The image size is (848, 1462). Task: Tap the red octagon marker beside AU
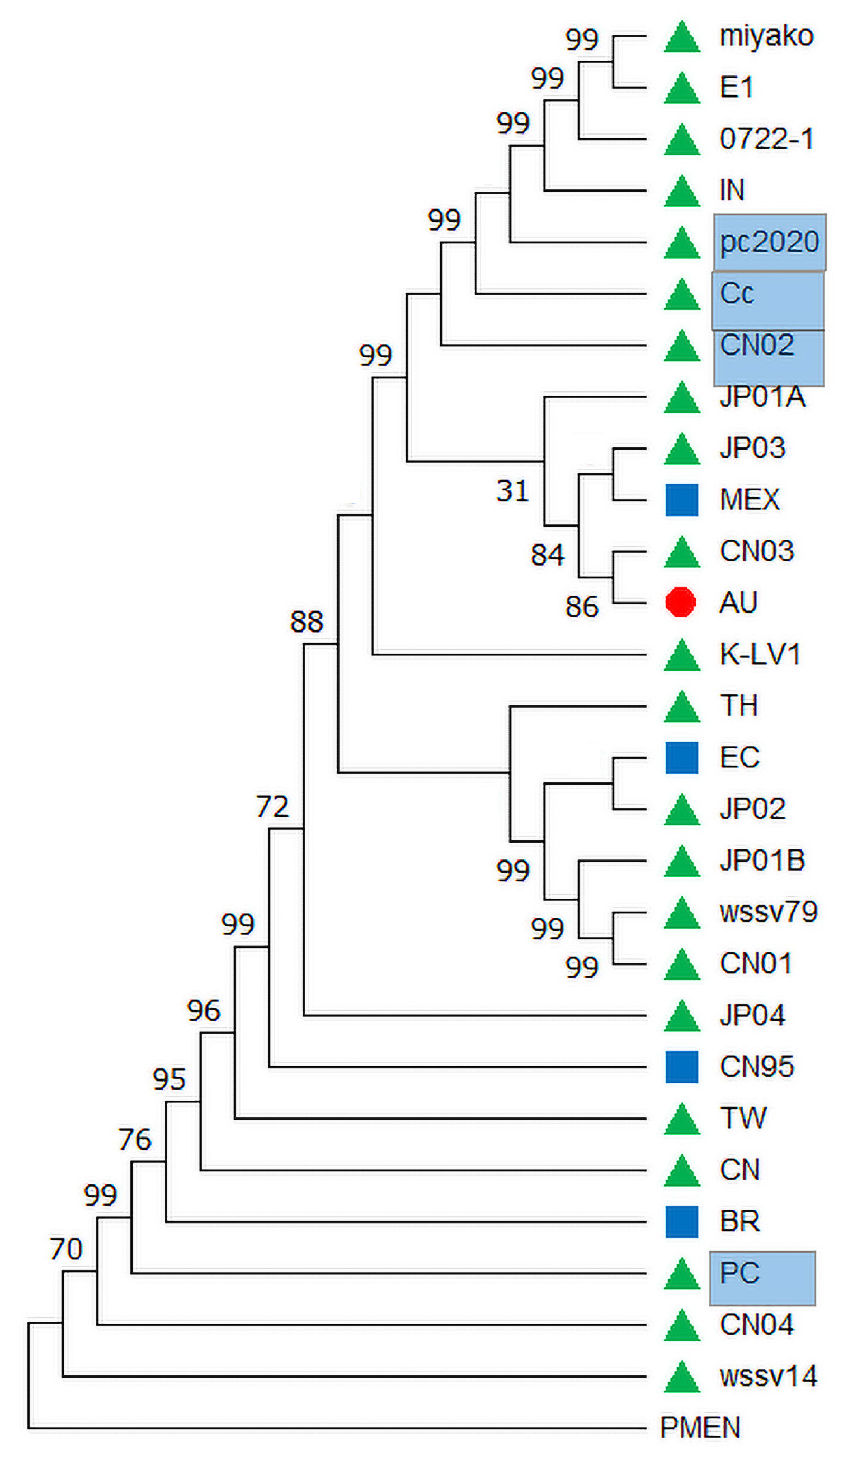pyautogui.click(x=680, y=601)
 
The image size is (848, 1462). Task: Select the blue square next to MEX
pyautogui.click(x=682, y=500)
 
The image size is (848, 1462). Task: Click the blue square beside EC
pyautogui.click(x=682, y=757)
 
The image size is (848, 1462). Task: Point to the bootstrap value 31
pyautogui.click(x=512, y=491)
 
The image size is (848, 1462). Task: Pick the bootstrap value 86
pyautogui.click(x=581, y=607)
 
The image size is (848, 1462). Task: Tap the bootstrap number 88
pyautogui.click(x=306, y=622)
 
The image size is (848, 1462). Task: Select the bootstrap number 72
pyautogui.click(x=272, y=806)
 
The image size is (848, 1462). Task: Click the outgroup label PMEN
pyautogui.click(x=700, y=1428)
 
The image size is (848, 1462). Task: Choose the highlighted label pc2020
pyautogui.click(x=769, y=242)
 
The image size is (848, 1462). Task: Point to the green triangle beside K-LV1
pyautogui.click(x=682, y=656)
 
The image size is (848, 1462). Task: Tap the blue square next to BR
pyautogui.click(x=682, y=1221)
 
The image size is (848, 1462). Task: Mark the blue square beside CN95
pyautogui.click(x=682, y=1067)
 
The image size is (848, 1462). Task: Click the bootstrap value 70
pyautogui.click(x=65, y=1249)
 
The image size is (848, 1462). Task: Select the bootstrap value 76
pyautogui.click(x=135, y=1140)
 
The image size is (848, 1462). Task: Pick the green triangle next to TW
pyautogui.click(x=682, y=1119)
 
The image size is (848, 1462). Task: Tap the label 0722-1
pyautogui.click(x=766, y=139)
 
